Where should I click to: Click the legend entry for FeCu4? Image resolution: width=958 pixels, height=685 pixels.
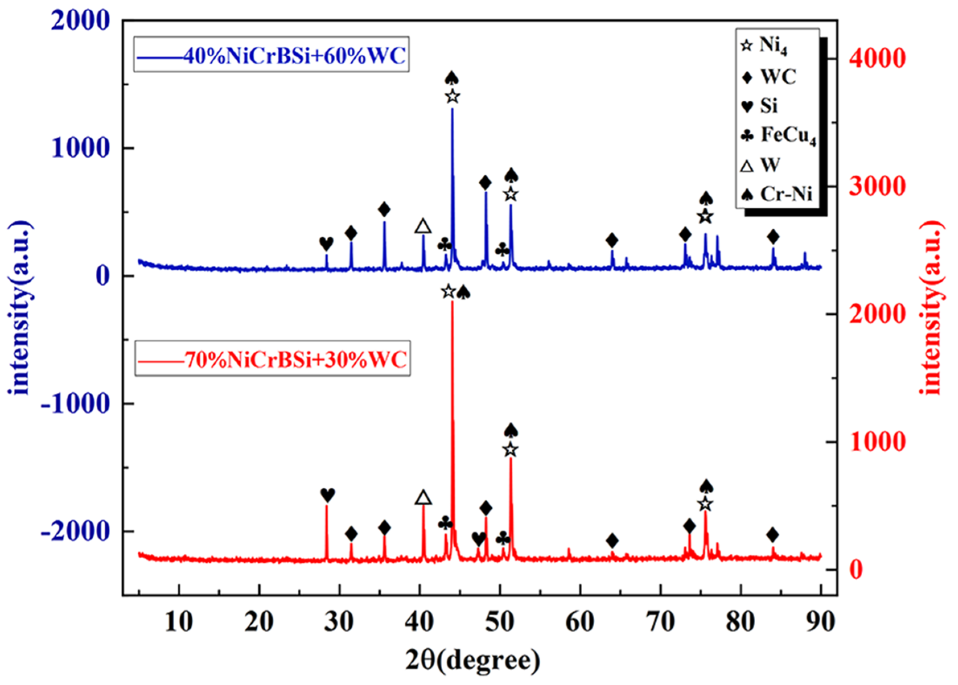[x=781, y=135]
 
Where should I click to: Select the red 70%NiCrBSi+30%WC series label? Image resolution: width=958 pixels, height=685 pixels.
[x=272, y=359]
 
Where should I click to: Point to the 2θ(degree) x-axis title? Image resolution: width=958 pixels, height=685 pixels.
[x=472, y=661]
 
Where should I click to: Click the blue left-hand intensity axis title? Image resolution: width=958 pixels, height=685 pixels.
[x=19, y=308]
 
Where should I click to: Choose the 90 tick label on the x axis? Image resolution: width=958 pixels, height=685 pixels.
[x=820, y=622]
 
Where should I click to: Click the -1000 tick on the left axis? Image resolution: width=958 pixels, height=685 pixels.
[x=75, y=404]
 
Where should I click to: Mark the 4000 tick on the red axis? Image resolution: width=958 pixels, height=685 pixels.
[x=877, y=58]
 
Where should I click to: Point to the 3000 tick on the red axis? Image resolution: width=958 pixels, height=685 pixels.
[x=877, y=186]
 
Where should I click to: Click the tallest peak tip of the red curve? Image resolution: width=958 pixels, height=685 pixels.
[x=452, y=302]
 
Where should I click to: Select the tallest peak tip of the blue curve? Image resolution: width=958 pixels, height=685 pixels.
[x=452, y=109]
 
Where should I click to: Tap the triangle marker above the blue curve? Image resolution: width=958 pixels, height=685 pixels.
[x=423, y=227]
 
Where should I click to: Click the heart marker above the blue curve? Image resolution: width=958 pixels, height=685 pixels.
[x=326, y=243]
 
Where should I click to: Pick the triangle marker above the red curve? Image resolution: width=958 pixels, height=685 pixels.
[x=423, y=497]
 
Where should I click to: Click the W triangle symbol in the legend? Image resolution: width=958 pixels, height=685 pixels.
[x=747, y=165]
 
